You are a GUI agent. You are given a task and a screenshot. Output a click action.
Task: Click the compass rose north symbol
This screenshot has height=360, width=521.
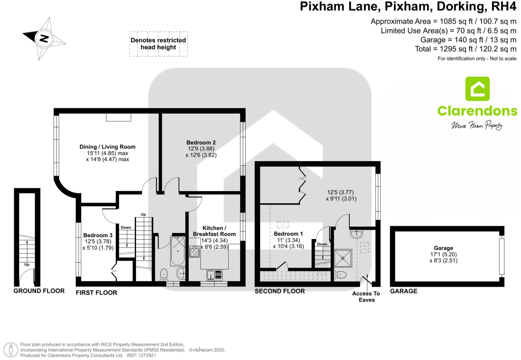point(44,38)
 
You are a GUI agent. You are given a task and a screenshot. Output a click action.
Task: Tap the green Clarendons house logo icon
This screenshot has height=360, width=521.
point(477,89)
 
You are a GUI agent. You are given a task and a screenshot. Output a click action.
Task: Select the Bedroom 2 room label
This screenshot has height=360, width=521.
point(201,142)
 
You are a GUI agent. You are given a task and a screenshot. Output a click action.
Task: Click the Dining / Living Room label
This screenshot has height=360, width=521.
point(107,147)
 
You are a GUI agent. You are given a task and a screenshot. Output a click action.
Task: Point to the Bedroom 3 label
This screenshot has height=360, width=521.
point(98,235)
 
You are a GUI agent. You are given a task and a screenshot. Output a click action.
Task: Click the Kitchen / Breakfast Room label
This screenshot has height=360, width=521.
point(214,231)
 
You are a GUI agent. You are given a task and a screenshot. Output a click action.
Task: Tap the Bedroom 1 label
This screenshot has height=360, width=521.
point(288,234)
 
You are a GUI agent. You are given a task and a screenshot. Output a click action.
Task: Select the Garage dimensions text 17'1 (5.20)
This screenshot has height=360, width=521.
point(443,254)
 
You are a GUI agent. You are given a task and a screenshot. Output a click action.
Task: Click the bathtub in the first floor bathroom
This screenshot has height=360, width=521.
point(178,251)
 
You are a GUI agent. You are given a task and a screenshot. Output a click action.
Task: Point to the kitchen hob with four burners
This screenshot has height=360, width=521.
point(194,252)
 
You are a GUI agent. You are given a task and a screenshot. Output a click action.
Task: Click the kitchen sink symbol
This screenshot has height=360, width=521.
point(214,275)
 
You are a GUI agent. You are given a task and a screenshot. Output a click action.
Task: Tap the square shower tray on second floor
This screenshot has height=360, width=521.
point(343,258)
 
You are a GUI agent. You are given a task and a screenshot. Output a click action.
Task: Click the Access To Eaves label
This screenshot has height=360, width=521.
point(366,297)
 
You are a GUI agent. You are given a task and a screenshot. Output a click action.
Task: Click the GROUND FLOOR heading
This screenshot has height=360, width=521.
point(39,291)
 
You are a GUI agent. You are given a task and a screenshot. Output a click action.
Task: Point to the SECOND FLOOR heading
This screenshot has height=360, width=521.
point(280,291)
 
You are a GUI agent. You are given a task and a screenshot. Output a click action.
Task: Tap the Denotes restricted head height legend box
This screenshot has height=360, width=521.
point(158,44)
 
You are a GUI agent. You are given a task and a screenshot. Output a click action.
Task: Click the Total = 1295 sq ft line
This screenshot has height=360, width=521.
point(465,49)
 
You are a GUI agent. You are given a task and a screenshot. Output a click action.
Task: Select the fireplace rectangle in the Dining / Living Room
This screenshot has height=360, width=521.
point(119,118)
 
